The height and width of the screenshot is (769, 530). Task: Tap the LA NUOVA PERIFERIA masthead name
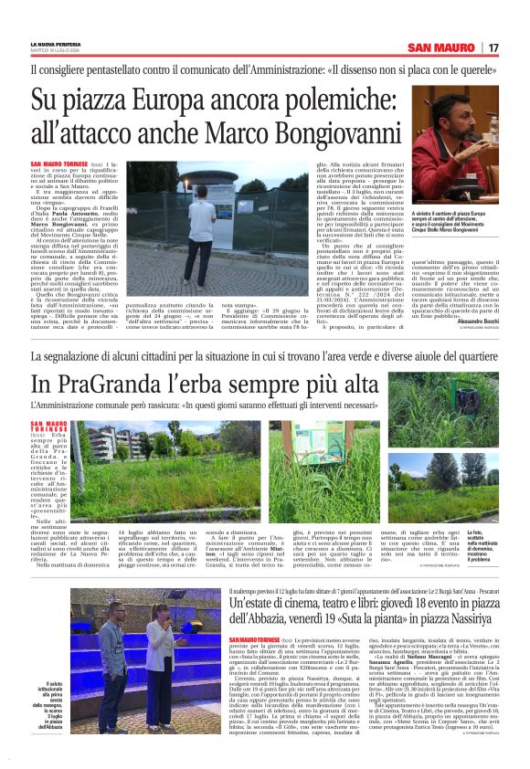pos(56,44)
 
